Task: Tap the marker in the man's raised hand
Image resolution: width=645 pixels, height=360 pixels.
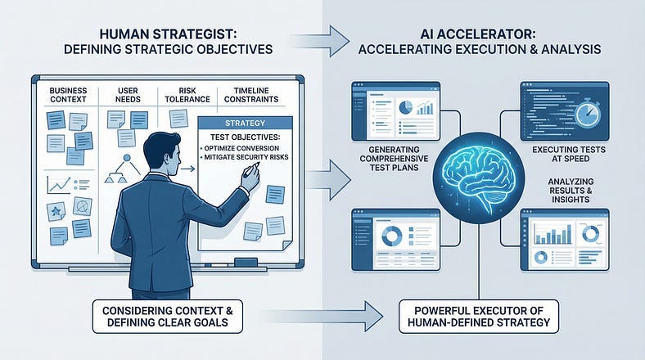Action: click(x=256, y=168)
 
